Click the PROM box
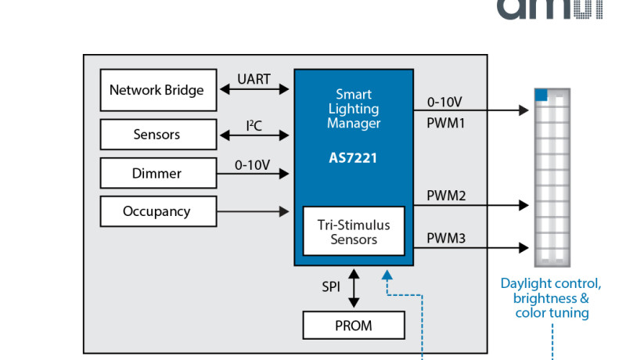pos(354,325)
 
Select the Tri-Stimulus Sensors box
pos(354,232)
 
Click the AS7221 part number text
pos(354,157)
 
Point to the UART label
pos(254,79)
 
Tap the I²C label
pos(254,124)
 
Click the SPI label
pos(331,287)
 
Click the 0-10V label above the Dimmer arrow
pos(252,164)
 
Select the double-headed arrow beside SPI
pos(354,287)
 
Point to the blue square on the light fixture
pos(541,94)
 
